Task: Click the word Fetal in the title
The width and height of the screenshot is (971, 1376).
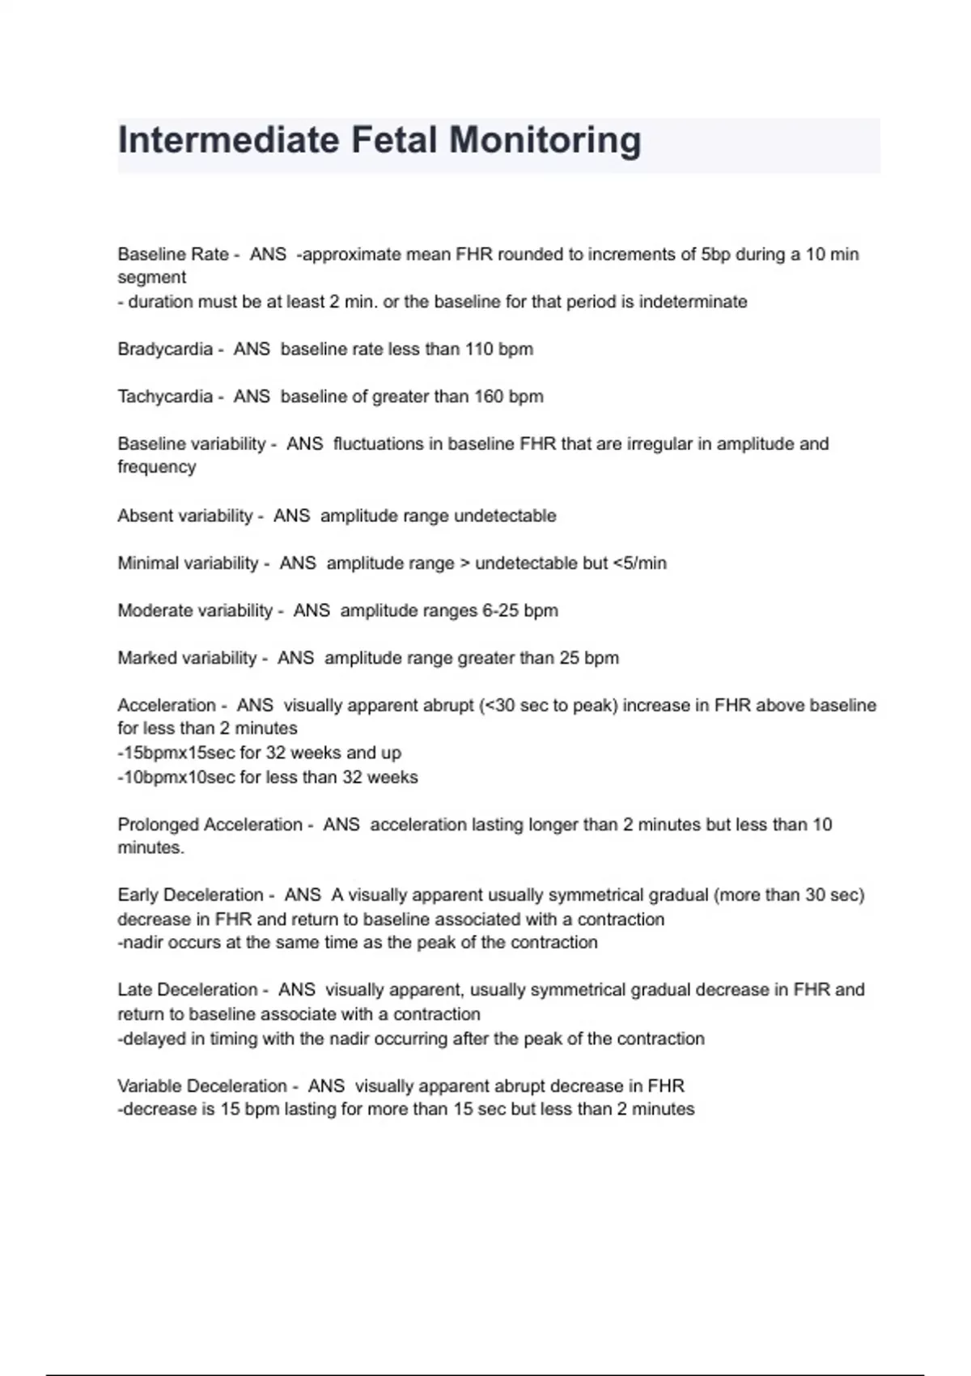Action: coord(394,140)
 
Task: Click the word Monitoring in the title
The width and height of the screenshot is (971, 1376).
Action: coord(545,140)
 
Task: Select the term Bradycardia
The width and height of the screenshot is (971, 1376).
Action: coord(165,350)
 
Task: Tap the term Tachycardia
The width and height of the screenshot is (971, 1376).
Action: coord(165,397)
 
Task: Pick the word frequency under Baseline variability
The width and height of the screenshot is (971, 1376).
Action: coord(156,468)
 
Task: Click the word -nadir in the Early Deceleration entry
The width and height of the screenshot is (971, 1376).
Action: coord(140,943)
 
